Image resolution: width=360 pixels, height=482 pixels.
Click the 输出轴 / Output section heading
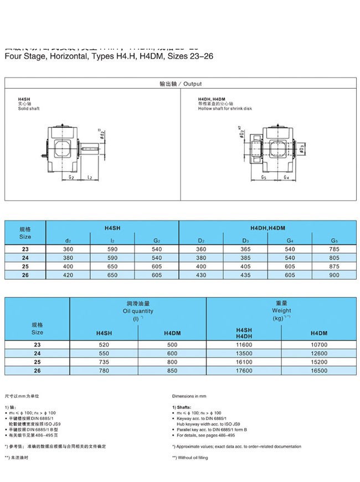[x=180, y=84]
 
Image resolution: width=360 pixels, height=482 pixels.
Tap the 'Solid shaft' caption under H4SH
[x=27, y=109]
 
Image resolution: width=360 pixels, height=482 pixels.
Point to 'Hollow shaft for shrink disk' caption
[x=225, y=109]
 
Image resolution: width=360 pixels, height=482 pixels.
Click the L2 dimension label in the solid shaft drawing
[x=89, y=177]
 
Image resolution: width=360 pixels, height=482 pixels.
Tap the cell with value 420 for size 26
[x=68, y=275]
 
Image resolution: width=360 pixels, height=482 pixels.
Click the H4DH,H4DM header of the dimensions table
[x=268, y=228]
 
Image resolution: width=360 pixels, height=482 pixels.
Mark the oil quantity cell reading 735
[x=103, y=362]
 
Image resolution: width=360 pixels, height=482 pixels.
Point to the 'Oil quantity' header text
[x=138, y=311]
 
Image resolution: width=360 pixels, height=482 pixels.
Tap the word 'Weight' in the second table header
[x=281, y=311]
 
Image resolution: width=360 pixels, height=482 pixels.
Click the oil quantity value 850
[x=172, y=371]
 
